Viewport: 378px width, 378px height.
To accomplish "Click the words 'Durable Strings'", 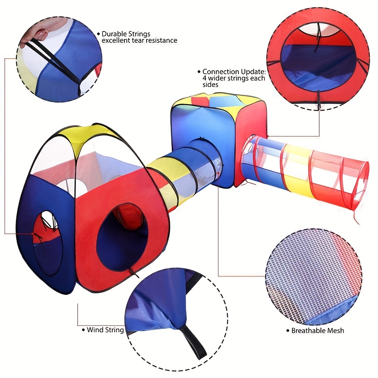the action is pos(126,34).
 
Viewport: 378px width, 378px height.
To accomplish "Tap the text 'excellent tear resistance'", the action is pos(139,40).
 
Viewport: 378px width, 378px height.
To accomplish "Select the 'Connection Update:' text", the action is pos(234,71).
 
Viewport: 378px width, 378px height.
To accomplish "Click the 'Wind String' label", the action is pos(105,330).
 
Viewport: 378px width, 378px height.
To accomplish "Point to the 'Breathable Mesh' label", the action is pos(318,331).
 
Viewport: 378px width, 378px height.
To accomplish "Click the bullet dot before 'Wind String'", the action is pos(84,330).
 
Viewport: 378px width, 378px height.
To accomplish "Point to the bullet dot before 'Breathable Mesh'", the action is pos(288,331).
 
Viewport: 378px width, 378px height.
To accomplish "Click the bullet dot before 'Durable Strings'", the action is pos(98,34).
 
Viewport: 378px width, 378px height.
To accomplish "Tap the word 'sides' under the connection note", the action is pos(210,84).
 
